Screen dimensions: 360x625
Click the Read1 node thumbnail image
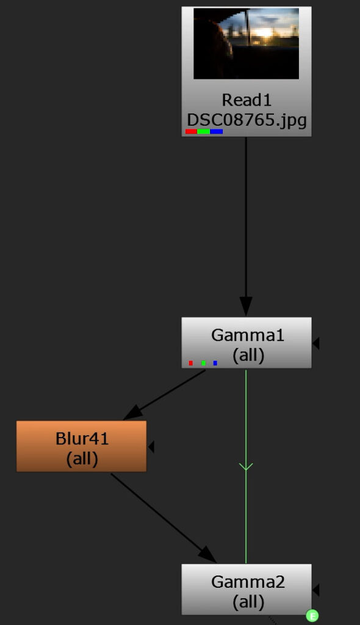click(246, 43)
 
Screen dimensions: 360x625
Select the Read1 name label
click(247, 100)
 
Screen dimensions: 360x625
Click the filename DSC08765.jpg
click(247, 120)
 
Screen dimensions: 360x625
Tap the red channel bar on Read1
click(191, 132)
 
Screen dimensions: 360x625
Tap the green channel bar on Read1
click(203, 132)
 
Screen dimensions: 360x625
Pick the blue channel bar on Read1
click(216, 132)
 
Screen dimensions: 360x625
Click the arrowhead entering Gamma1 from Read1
click(246, 306)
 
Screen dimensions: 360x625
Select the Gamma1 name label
click(248, 335)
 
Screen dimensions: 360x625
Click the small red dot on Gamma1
click(190, 363)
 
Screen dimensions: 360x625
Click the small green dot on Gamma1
click(203, 363)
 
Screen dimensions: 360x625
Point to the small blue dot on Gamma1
click(215, 363)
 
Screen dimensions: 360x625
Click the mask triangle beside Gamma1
click(316, 343)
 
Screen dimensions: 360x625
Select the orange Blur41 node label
click(82, 439)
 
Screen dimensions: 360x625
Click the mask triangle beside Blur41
click(151, 447)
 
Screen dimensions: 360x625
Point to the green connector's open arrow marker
click(246, 466)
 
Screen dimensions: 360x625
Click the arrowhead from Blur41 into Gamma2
click(207, 554)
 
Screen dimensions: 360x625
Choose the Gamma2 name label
click(248, 582)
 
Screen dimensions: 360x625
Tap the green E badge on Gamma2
click(312, 616)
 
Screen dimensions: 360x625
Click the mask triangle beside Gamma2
click(316, 590)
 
